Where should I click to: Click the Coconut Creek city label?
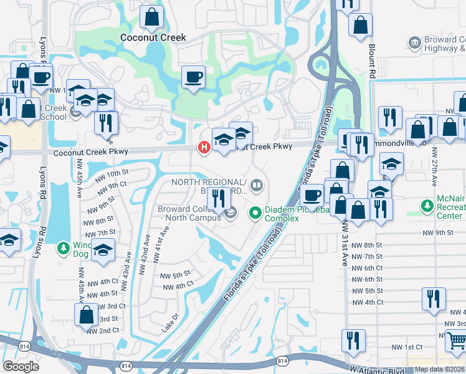click(x=153, y=37)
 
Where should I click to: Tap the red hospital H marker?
click(x=203, y=148)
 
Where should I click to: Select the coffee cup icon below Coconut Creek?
click(x=193, y=77)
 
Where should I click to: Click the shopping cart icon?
click(x=457, y=340)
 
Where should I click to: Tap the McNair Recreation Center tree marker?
click(x=427, y=206)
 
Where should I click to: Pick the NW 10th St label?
click(x=112, y=173)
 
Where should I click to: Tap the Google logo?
click(x=21, y=367)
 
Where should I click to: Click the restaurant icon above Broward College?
click(x=219, y=198)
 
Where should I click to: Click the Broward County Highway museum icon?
click(x=414, y=42)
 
